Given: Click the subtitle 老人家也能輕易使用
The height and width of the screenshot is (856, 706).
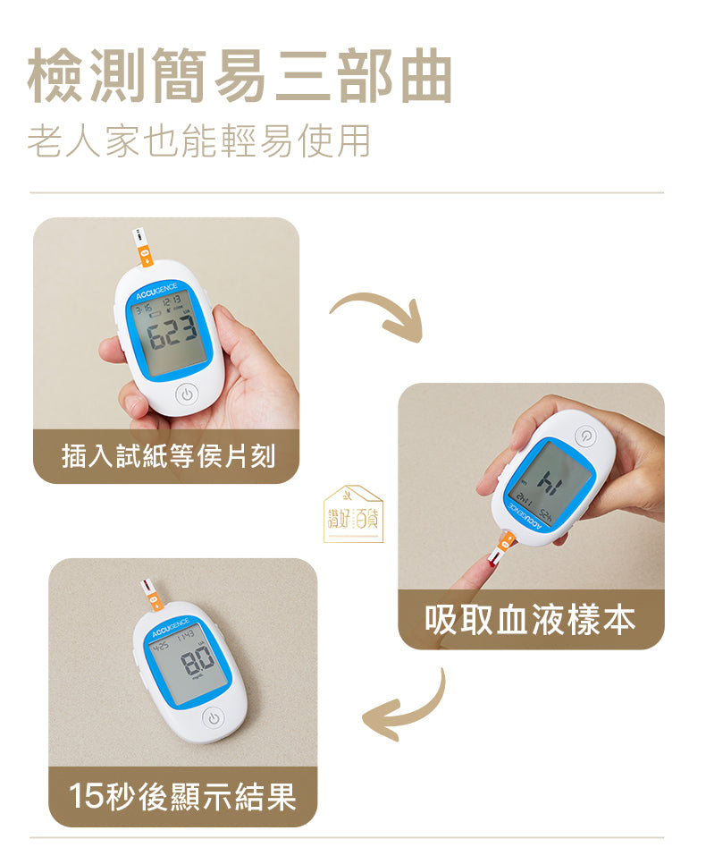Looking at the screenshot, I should [198, 141].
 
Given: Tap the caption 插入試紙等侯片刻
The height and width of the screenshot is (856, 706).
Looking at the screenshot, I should [167, 456].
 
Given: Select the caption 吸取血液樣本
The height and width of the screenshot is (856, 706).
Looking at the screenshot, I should [530, 619].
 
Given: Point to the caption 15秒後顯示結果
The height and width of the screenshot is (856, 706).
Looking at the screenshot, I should [182, 795].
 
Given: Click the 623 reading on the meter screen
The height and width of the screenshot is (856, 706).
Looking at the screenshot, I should [172, 337].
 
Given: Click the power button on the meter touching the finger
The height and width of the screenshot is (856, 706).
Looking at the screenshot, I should [585, 436].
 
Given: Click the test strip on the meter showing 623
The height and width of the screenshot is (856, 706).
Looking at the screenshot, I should [141, 248].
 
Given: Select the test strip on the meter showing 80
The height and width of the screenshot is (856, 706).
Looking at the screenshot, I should [151, 594].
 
